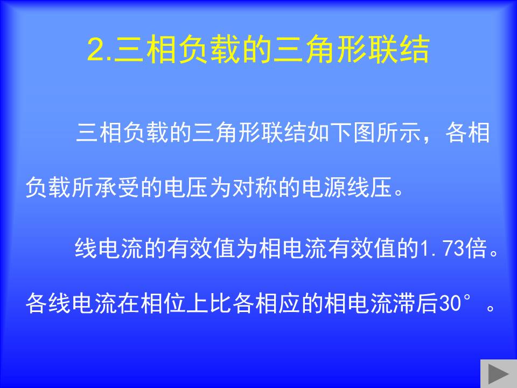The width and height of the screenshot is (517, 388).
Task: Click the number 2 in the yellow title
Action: (96, 50)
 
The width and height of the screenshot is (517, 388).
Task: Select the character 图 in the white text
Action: (365, 133)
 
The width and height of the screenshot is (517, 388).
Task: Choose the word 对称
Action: (243, 188)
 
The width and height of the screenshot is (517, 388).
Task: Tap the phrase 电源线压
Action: (346, 188)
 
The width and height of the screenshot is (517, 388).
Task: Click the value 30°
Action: (454, 302)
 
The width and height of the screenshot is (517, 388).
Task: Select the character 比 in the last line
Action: (220, 303)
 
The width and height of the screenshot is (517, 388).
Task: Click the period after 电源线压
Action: (399, 192)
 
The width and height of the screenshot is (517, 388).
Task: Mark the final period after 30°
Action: (491, 308)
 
